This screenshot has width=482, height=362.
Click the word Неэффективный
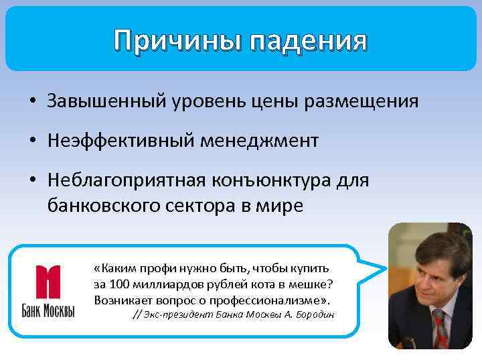[x=121, y=141]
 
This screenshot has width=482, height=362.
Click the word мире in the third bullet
[x=279, y=205]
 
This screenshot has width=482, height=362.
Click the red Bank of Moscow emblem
[x=48, y=282]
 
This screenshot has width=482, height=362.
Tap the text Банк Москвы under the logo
[x=48, y=310]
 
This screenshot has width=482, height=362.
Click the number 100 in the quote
[x=118, y=284]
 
